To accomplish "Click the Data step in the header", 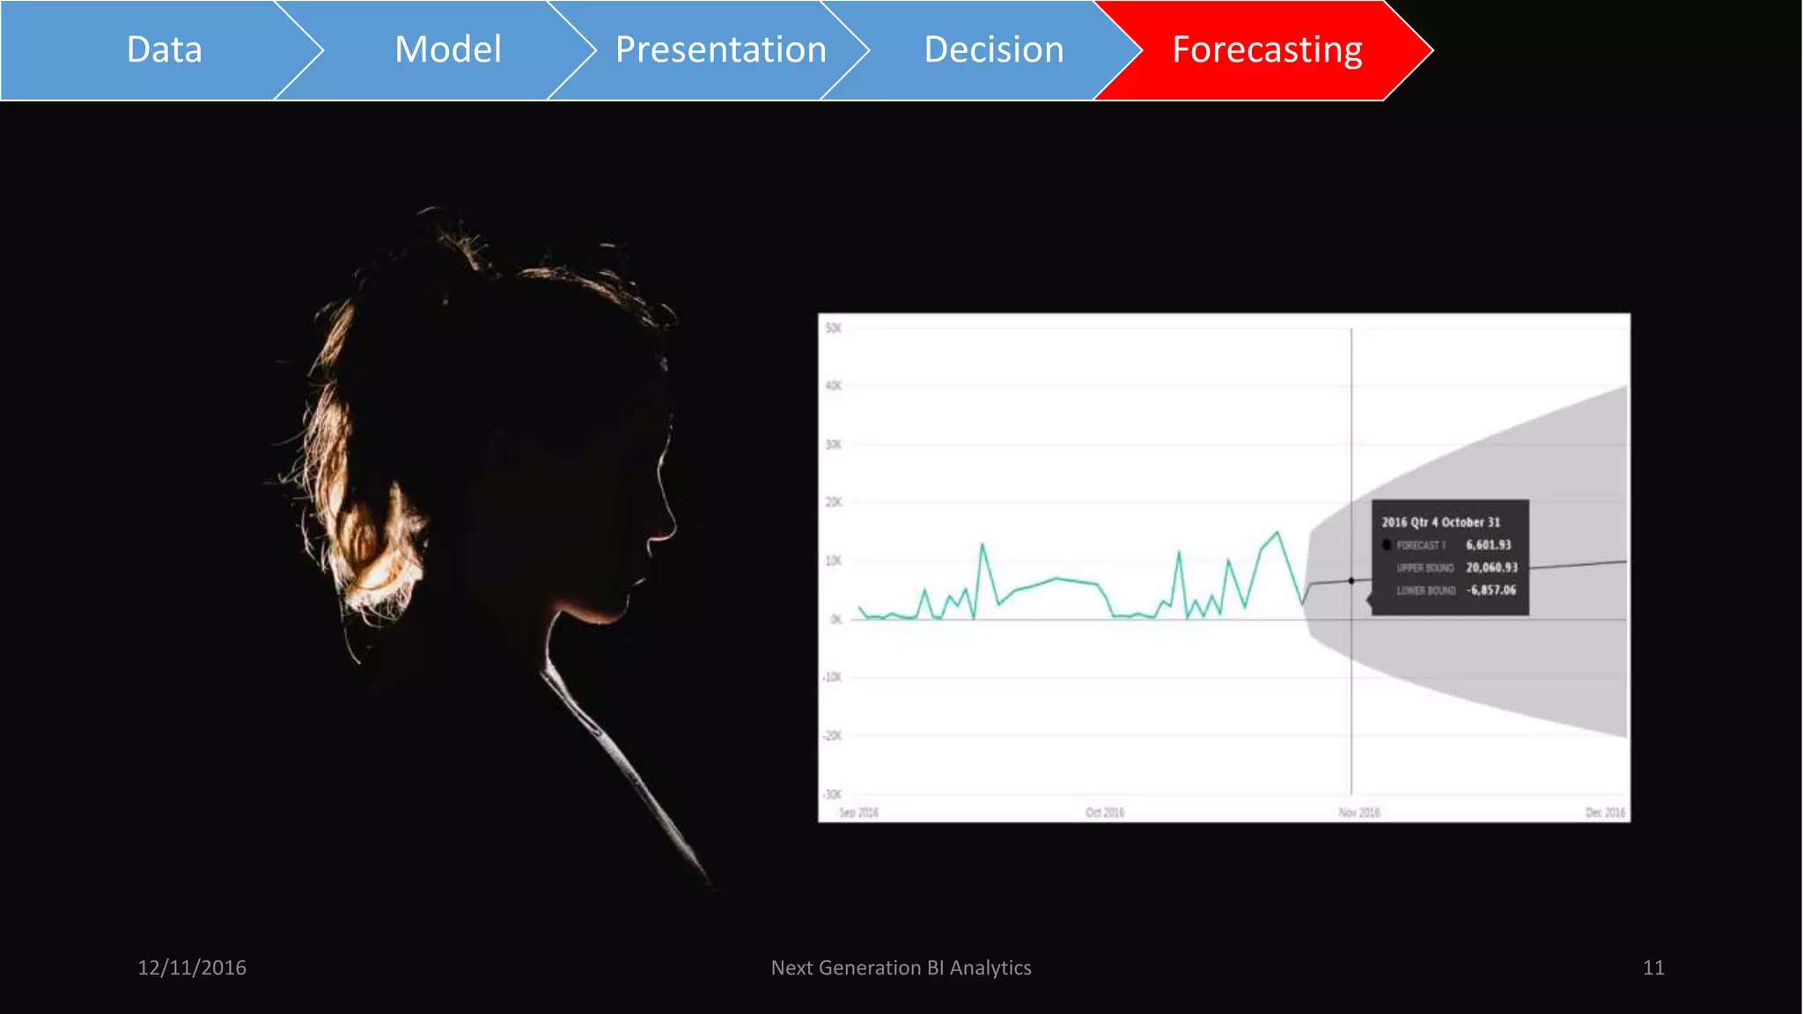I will [x=165, y=50].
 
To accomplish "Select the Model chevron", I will [x=448, y=50].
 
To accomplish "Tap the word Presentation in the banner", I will [x=720, y=50].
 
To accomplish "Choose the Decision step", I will [x=994, y=50].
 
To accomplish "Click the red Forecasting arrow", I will [x=1267, y=50].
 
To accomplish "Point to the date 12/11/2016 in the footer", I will [x=192, y=967].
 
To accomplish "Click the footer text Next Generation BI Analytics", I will [x=901, y=967].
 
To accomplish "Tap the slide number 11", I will [x=1653, y=967].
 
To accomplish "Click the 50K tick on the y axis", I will [x=833, y=328].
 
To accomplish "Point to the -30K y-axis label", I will [x=832, y=794].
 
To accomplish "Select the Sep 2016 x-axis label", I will [x=858, y=812].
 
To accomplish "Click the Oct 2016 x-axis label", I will [x=1104, y=812].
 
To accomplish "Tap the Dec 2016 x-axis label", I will [x=1605, y=812].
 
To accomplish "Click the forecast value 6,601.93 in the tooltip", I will [x=1488, y=545].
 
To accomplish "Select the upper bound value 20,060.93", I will [x=1491, y=568].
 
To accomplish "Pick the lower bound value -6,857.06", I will [x=1491, y=590].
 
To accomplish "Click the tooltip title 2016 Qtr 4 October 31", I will [x=1440, y=522].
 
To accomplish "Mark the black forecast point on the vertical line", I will [x=1351, y=581].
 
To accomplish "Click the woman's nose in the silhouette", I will [x=671, y=528].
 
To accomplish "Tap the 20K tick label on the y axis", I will [x=833, y=503].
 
